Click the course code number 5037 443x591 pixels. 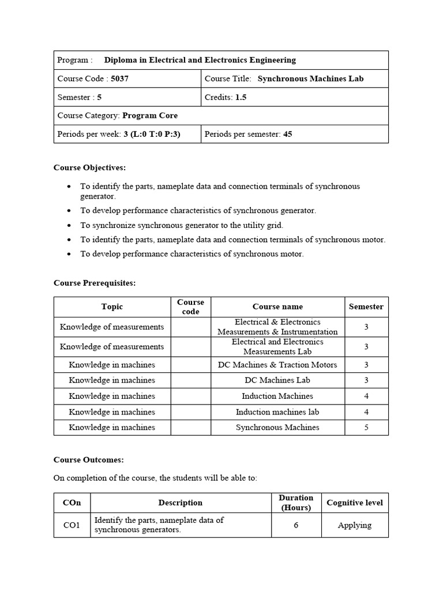click(119, 78)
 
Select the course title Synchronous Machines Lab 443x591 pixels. click(310, 78)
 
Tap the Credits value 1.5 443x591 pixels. click(241, 97)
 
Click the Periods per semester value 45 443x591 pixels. click(287, 134)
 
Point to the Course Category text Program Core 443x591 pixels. click(150, 115)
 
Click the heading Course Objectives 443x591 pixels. click(89, 167)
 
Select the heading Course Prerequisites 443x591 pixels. click(95, 283)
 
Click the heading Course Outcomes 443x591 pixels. click(89, 459)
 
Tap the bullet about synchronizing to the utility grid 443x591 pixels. click(182, 225)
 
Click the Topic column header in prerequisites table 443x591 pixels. click(112, 306)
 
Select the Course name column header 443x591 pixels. click(277, 306)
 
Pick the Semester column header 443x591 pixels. click(366, 306)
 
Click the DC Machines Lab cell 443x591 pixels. click(277, 380)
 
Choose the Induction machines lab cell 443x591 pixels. click(277, 412)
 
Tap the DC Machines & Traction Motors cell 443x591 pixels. click(277, 364)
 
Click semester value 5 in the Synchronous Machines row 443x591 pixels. click(366, 427)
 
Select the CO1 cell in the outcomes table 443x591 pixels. click(72, 525)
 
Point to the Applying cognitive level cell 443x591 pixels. click(354, 525)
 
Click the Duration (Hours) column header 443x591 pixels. click(295, 502)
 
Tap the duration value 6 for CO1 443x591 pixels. click(295, 525)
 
